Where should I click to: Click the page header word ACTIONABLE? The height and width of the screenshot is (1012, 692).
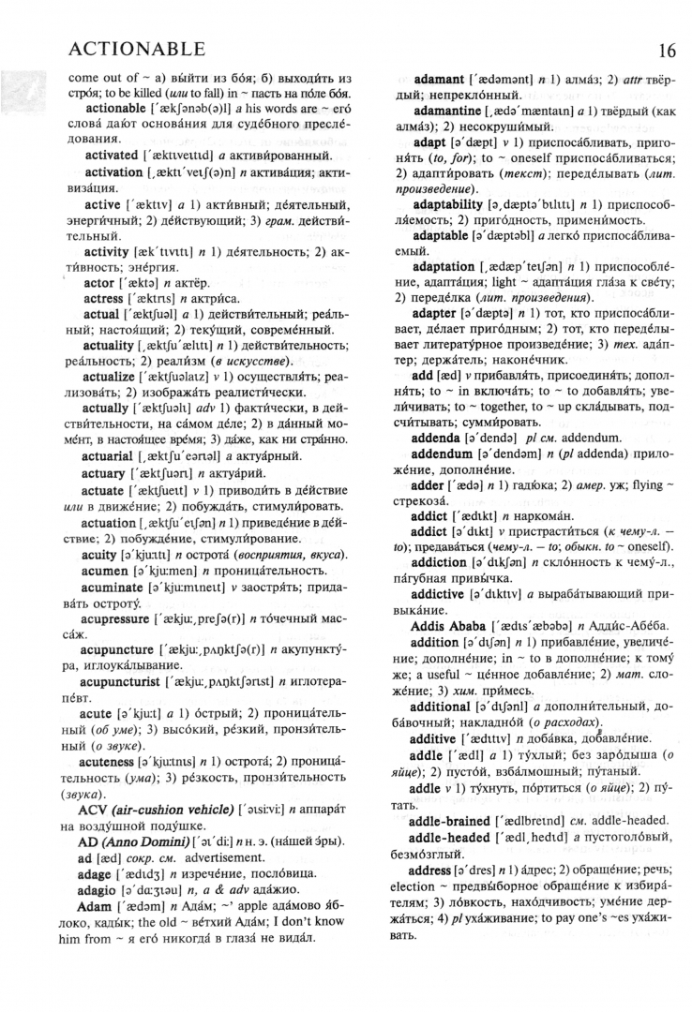[x=137, y=48]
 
